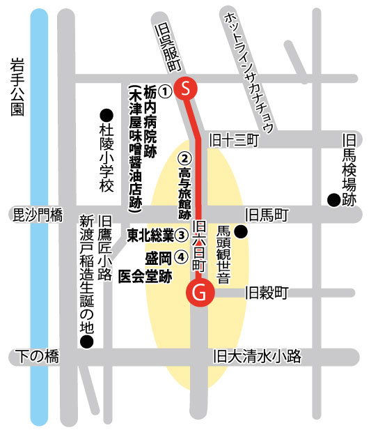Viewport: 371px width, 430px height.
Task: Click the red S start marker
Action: point(186,89)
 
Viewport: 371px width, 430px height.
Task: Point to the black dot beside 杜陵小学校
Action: point(106,114)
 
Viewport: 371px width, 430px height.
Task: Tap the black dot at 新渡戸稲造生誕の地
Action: point(86,341)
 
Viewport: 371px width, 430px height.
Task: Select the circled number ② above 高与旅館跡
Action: point(184,157)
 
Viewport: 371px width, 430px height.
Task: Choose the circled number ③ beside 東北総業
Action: point(181,236)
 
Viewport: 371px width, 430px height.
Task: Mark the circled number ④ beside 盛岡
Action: point(181,256)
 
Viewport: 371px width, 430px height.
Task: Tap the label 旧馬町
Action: point(266,215)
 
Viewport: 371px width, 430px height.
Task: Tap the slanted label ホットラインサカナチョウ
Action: point(248,70)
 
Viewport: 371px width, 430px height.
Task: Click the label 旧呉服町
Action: point(167,46)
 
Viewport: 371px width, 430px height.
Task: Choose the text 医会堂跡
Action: point(145,277)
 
